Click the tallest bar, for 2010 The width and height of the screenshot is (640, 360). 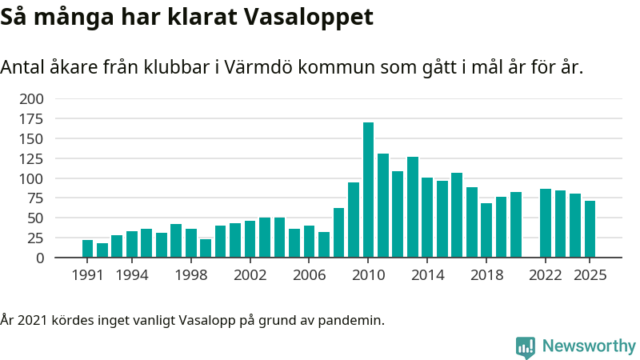368,190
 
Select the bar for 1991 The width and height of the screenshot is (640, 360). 87,249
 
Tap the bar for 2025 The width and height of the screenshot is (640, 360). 590,230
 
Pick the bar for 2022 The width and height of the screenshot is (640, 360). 546,223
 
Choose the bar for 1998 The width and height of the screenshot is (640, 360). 191,243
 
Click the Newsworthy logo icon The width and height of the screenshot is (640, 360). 526,346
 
